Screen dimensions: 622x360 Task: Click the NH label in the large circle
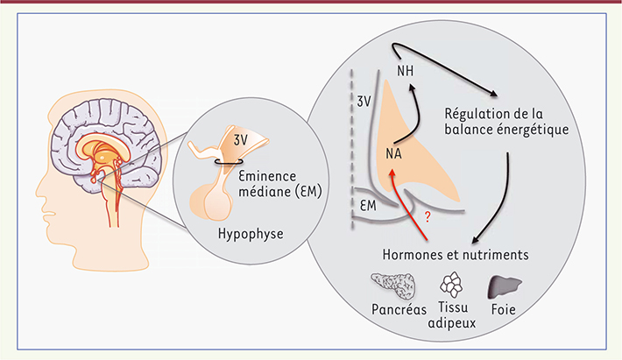pyautogui.click(x=405, y=71)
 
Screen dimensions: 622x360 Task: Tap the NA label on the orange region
pyautogui.click(x=393, y=153)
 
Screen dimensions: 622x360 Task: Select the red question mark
pyautogui.click(x=428, y=217)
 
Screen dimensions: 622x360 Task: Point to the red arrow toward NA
pyautogui.click(x=406, y=203)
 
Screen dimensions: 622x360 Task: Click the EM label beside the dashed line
pyautogui.click(x=368, y=206)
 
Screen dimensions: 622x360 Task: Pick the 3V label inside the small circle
pyautogui.click(x=240, y=140)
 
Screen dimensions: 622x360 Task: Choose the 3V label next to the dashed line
pyautogui.click(x=364, y=102)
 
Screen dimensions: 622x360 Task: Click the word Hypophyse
pyautogui.click(x=251, y=234)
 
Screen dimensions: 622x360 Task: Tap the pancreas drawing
pyautogui.click(x=393, y=286)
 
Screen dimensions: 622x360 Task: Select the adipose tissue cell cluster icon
pyautogui.click(x=451, y=285)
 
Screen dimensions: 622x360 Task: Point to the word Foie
pyautogui.click(x=504, y=309)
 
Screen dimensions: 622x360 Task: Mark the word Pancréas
pyautogui.click(x=399, y=309)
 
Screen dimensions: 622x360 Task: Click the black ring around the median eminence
pyautogui.click(x=229, y=161)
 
